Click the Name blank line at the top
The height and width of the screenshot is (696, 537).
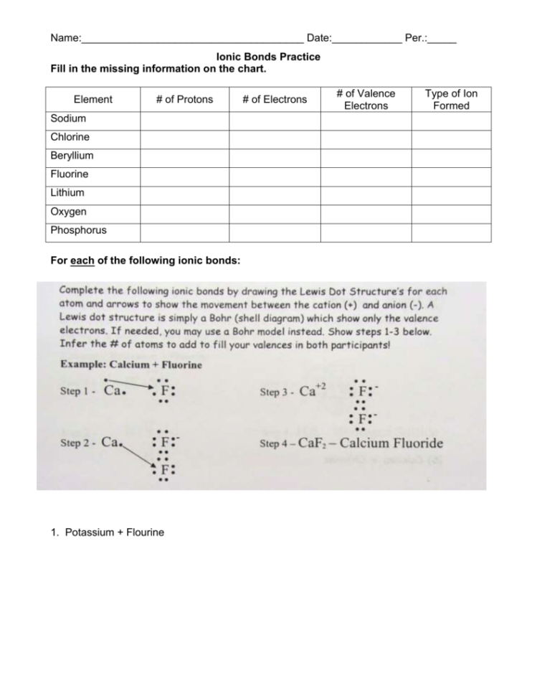(191, 38)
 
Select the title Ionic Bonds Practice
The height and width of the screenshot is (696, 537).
(268, 57)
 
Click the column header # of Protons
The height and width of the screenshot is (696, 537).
(184, 100)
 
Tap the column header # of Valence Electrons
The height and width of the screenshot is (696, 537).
(365, 100)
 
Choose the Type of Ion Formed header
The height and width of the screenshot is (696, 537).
(451, 100)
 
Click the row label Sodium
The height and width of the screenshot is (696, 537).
(68, 118)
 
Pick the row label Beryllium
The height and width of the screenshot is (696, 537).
(72, 156)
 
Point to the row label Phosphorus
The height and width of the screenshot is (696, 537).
(78, 230)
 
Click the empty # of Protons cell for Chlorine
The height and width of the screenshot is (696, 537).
(184, 137)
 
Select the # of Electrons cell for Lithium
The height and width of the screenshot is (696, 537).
(275, 193)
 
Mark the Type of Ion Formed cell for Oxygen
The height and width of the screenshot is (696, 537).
(451, 212)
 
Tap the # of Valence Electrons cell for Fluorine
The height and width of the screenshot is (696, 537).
(365, 174)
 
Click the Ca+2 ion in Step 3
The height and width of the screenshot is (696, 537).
(313, 390)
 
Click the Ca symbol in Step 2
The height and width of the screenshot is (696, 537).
(110, 443)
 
